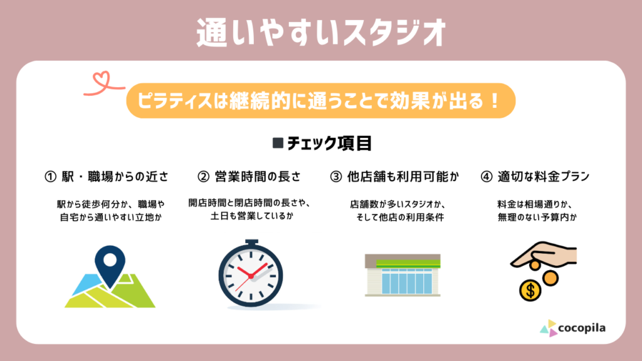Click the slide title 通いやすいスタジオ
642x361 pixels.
[x=321, y=33]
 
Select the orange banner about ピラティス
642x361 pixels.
[x=320, y=101]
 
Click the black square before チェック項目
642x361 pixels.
[x=278, y=143]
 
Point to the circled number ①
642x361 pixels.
[x=50, y=177]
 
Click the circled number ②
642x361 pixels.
[x=203, y=177]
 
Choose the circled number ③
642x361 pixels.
[x=336, y=177]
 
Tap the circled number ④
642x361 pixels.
[x=486, y=177]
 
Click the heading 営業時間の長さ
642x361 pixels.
[x=258, y=177]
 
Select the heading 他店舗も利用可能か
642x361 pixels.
[x=403, y=177]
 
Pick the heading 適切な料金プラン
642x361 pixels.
[x=544, y=177]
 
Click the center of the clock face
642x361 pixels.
[x=251, y=276]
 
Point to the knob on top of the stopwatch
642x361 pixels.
[x=252, y=243]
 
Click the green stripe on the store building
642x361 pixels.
[x=408, y=264]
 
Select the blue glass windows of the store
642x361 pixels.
[x=406, y=281]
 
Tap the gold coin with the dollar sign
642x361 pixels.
[x=530, y=290]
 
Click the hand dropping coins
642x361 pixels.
[x=544, y=254]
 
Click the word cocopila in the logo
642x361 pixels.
[x=581, y=328]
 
